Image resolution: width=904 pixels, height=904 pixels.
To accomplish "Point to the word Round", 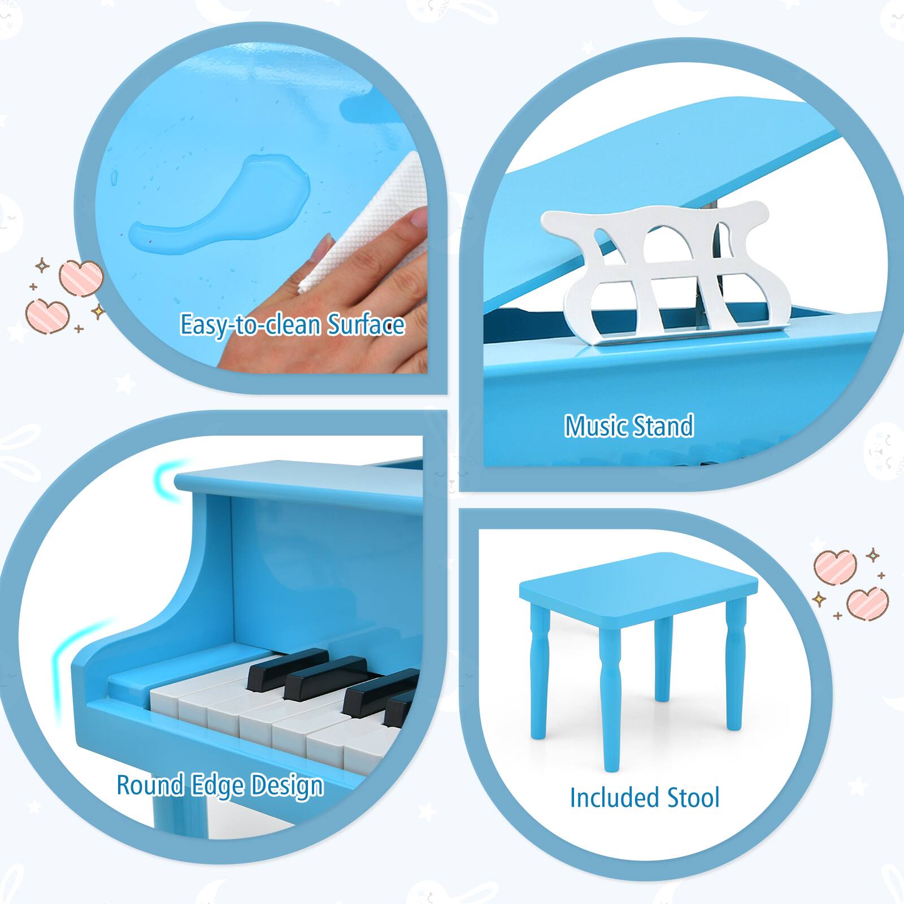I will point(150,785).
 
